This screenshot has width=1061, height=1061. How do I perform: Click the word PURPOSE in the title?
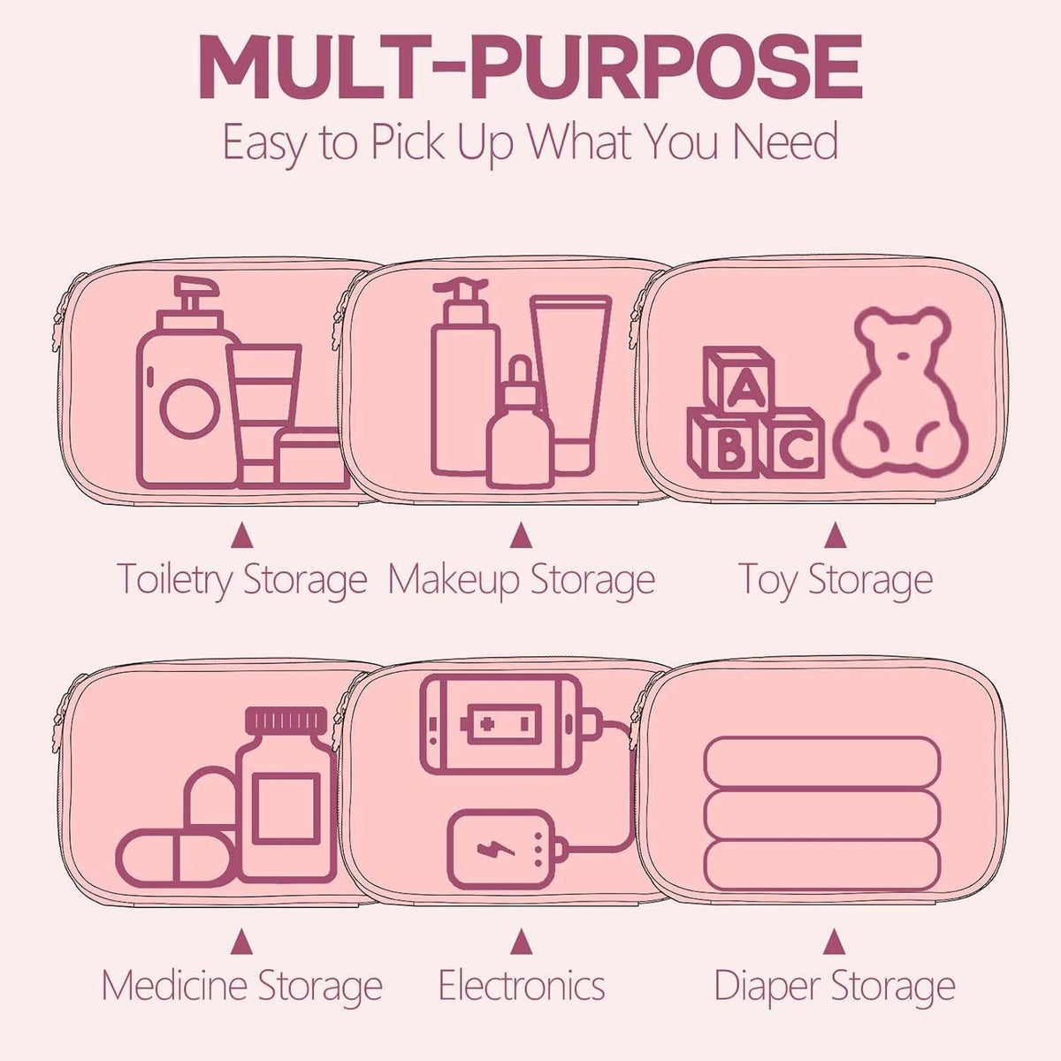click(667, 67)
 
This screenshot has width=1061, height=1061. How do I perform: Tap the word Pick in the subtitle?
click(408, 142)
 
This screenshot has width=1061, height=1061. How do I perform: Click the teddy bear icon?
click(900, 392)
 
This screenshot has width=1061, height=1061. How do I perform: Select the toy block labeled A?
click(739, 381)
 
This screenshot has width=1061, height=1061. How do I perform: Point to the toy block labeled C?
click(792, 444)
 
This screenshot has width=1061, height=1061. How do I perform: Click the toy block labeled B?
click(723, 445)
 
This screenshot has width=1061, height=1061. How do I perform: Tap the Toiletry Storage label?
click(241, 580)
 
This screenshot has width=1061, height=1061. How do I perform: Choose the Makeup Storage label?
click(522, 580)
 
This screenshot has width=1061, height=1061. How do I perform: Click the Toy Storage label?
click(835, 580)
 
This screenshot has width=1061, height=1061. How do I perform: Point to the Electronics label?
click(522, 985)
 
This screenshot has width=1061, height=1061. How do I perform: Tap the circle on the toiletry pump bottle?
click(190, 409)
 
